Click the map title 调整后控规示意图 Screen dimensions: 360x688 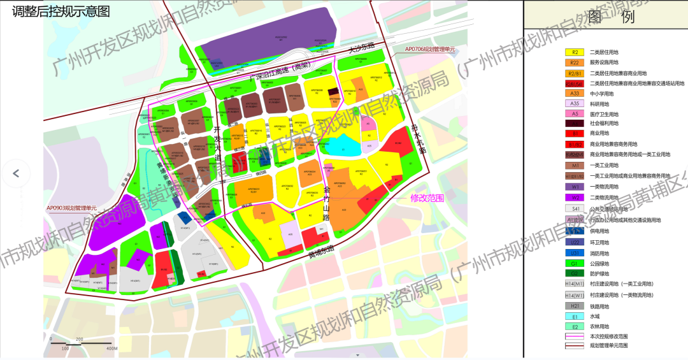pos(61,11)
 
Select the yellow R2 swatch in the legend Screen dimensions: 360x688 pos(575,53)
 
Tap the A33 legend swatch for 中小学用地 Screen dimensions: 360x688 pos(575,93)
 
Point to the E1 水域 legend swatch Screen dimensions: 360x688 pos(575,317)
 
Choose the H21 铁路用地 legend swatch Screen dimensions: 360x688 pos(575,306)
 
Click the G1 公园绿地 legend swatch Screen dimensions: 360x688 pos(575,263)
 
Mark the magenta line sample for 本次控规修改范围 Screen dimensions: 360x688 pos(575,336)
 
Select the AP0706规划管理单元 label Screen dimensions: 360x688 pos(430,49)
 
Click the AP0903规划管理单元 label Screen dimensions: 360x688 pos(71,208)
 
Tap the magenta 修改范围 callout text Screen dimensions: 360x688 pos(427,198)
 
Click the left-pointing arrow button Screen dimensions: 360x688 pos(16,173)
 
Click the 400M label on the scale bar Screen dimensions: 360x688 pos(111,349)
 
